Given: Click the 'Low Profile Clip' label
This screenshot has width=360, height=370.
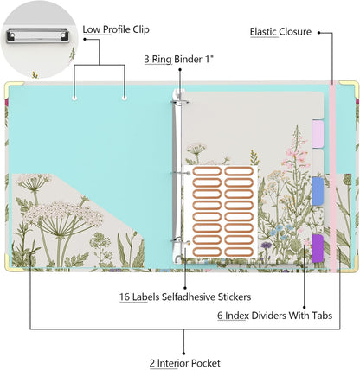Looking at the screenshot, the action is tap(116, 29).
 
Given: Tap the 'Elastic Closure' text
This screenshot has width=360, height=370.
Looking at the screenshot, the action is tap(280, 32).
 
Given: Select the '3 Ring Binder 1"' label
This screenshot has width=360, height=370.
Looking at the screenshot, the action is tap(179, 60).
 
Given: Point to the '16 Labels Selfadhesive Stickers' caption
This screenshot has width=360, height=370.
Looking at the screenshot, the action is tap(185, 297).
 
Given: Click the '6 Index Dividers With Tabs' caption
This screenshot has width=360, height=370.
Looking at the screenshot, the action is tap(274, 316).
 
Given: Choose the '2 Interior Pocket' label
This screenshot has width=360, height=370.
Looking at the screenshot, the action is tap(185, 363).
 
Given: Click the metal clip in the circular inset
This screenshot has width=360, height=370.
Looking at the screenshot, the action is tap(38, 35).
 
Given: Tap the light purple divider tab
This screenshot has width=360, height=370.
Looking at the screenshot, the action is tap(318, 134).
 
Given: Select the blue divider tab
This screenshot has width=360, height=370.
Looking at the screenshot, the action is tap(318, 191).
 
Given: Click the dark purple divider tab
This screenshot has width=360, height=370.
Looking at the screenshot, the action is tap(318, 248).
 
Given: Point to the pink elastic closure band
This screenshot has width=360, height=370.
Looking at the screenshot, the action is tap(333, 177).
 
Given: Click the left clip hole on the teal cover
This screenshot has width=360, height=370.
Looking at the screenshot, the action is tap(74, 99).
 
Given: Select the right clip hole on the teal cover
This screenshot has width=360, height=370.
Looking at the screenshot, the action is tap(125, 99).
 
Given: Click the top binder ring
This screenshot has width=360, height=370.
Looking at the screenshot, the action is tap(180, 102).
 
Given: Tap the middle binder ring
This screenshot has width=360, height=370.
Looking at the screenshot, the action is tap(180, 173).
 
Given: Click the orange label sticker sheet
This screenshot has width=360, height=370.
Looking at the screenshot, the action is tap(221, 212).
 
